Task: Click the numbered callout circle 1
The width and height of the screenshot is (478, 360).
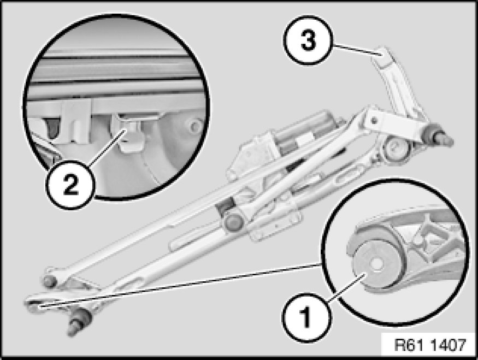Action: coord(306,317)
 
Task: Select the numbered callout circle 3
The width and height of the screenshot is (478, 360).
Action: coord(308,40)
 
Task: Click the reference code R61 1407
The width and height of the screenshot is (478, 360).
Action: coord(430,345)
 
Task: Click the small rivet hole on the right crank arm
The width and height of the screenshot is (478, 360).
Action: coord(374,120)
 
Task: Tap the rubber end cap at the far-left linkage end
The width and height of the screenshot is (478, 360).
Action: coord(50,280)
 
